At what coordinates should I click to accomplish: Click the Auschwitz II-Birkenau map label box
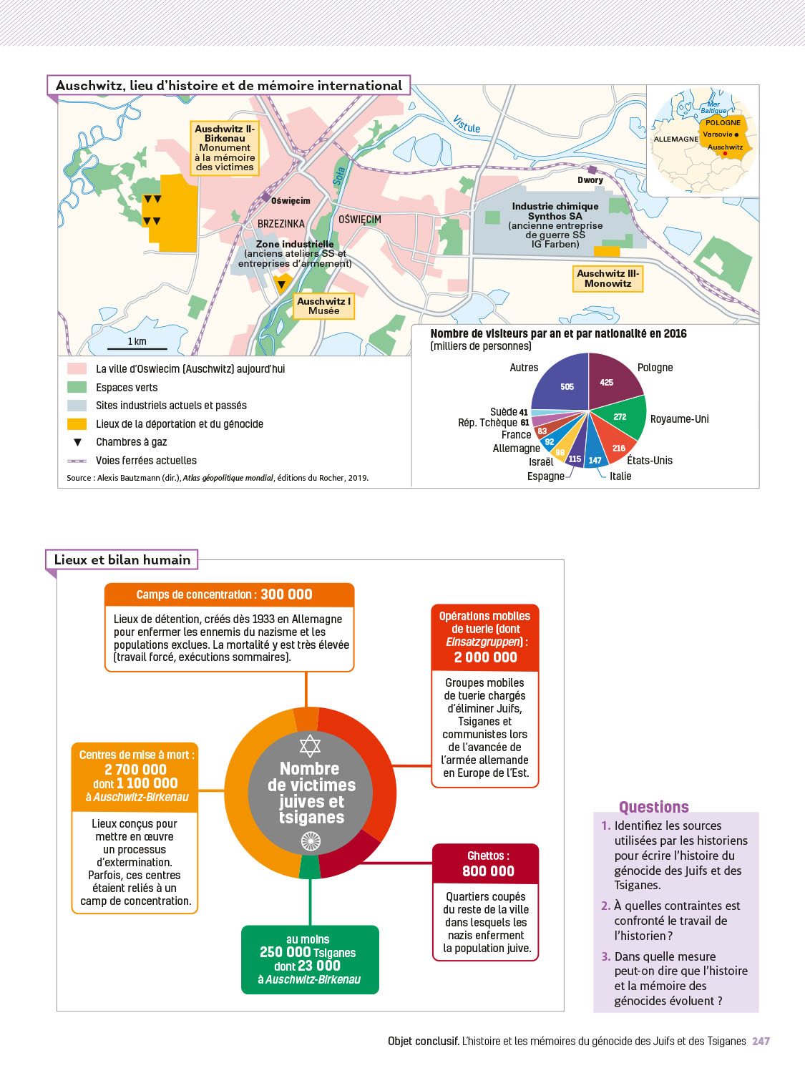click(x=225, y=148)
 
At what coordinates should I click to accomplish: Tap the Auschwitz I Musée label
click(x=323, y=306)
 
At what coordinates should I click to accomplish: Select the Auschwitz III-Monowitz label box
click(x=608, y=278)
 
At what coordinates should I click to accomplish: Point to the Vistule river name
click(x=467, y=124)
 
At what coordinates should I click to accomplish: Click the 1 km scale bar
click(x=137, y=348)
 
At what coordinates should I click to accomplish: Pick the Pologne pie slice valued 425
click(x=613, y=379)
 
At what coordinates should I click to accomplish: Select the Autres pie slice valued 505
click(x=562, y=383)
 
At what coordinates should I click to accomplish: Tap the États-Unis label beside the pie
click(x=649, y=461)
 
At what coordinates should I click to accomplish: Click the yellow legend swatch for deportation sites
click(x=77, y=424)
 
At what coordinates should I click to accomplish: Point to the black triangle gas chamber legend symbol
click(x=78, y=442)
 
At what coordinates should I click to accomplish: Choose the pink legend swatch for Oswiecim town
click(x=77, y=368)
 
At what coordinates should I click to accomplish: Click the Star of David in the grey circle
click(x=310, y=746)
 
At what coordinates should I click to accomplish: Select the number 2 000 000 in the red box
click(x=485, y=657)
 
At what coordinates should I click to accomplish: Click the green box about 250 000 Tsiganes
click(x=310, y=959)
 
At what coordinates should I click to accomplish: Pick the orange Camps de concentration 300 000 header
click(x=229, y=594)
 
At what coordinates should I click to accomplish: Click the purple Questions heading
click(x=653, y=808)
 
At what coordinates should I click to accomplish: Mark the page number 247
click(x=761, y=1042)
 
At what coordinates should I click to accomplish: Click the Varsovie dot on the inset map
click(x=736, y=134)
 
